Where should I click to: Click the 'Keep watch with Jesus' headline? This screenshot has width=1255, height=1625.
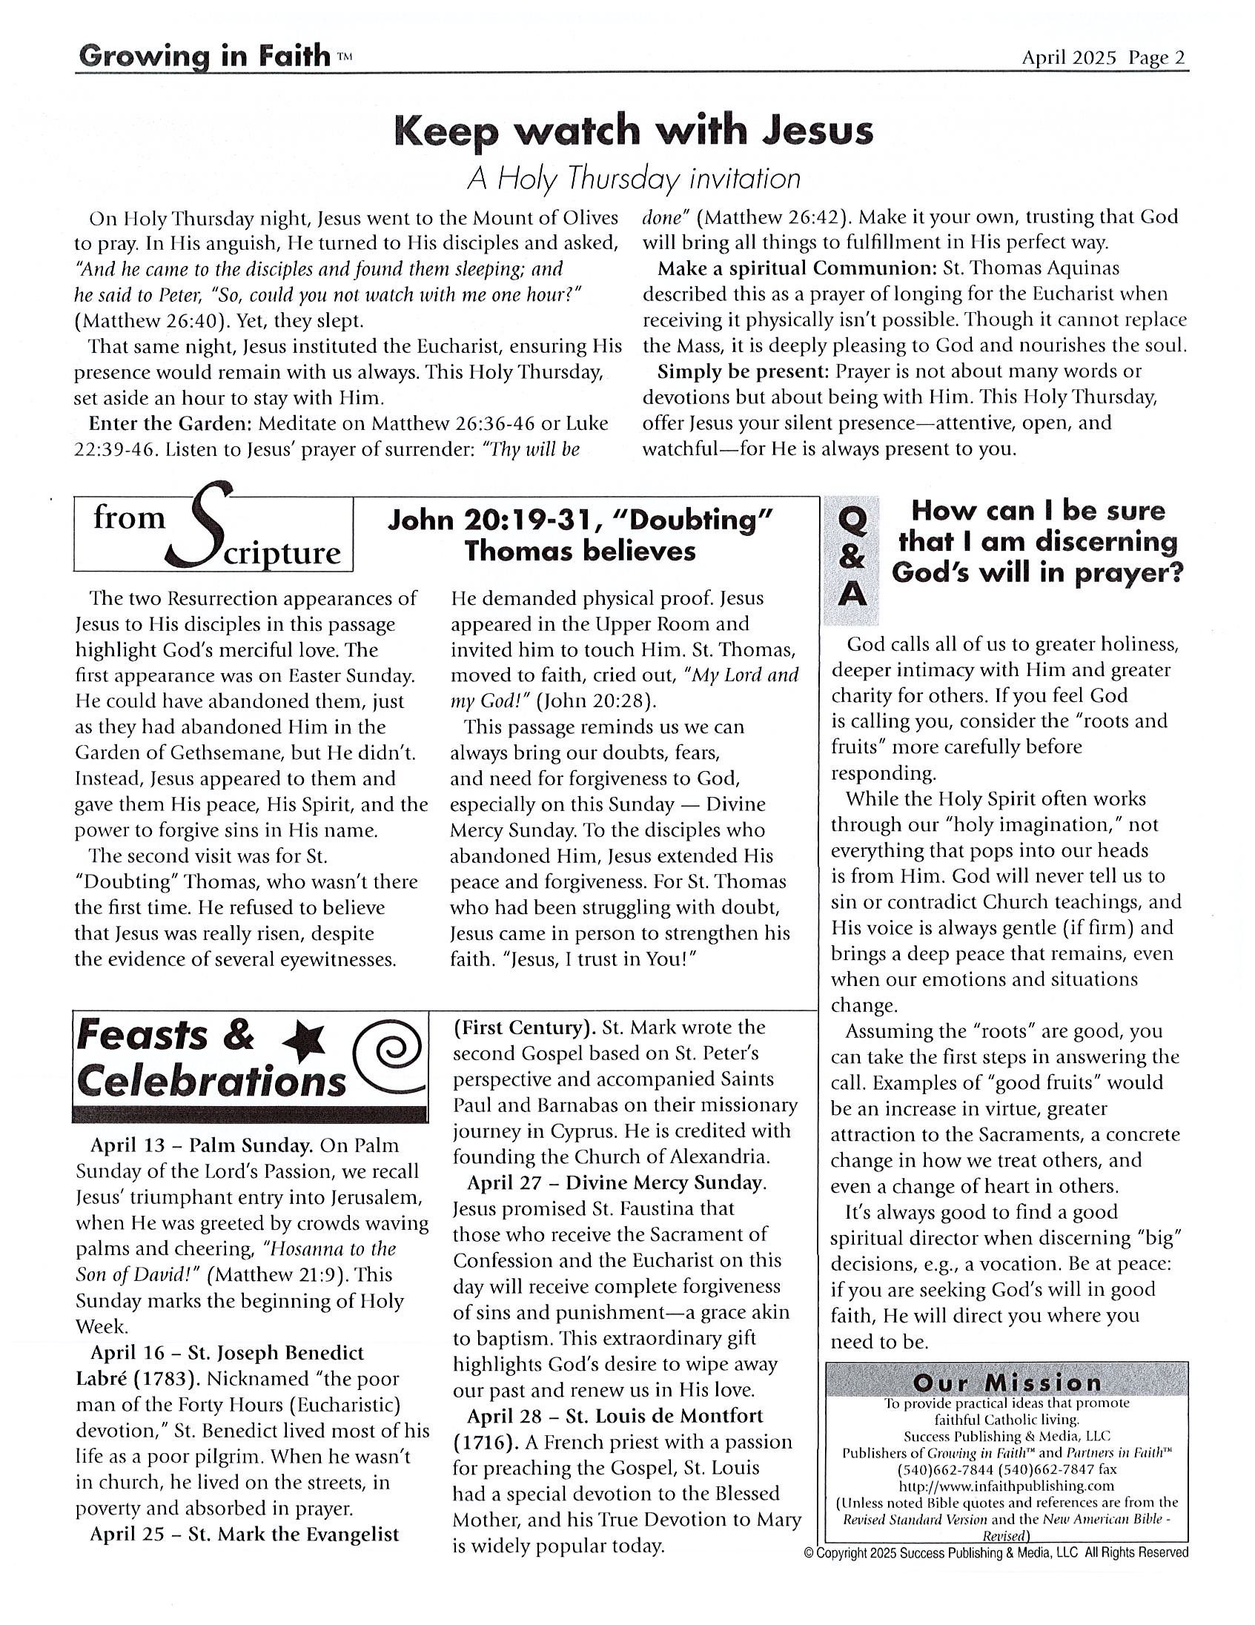pyautogui.click(x=633, y=131)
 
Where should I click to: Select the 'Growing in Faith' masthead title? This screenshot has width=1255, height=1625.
pyautogui.click(x=204, y=56)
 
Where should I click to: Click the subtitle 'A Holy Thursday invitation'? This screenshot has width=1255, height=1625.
pyautogui.click(x=633, y=179)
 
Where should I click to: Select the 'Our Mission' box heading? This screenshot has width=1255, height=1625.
pyautogui.click(x=1007, y=1383)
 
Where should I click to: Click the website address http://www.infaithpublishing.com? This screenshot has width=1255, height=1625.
pyautogui.click(x=1007, y=1486)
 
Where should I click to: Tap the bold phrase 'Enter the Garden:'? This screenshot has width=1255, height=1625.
pyautogui.click(x=170, y=423)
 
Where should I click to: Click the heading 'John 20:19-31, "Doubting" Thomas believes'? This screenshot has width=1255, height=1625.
pyautogui.click(x=580, y=535)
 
